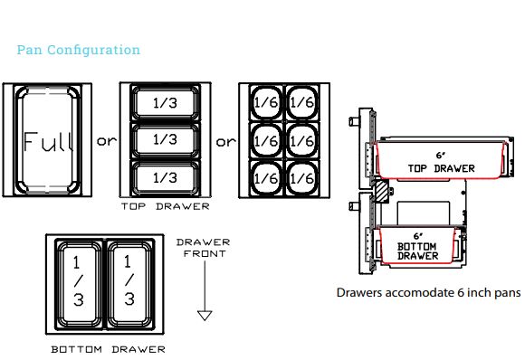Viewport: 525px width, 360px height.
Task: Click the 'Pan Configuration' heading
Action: [x=79, y=50]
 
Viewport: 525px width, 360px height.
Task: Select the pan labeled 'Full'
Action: [x=52, y=142]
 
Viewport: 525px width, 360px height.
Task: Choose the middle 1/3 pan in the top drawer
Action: [x=164, y=141]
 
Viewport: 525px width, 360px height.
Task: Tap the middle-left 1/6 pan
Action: [x=265, y=141]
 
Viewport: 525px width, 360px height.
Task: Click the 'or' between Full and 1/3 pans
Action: [x=107, y=142]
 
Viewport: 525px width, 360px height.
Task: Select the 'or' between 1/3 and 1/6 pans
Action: [x=224, y=142]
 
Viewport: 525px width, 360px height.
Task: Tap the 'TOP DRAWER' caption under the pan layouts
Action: [x=164, y=207]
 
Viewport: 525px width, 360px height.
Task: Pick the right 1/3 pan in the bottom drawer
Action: [x=129, y=282]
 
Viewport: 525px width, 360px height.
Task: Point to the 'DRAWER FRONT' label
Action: [x=203, y=248]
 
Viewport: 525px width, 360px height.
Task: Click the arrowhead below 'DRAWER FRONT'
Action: [x=204, y=315]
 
